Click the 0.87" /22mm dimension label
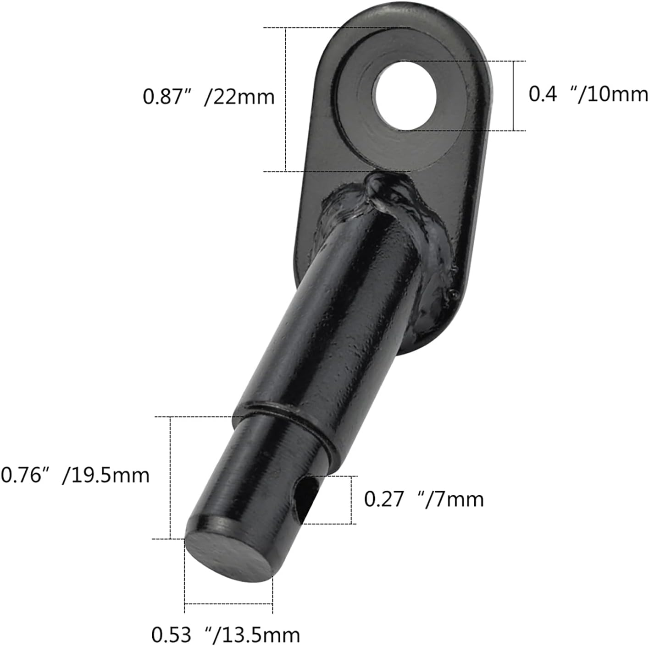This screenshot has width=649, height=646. click(209, 97)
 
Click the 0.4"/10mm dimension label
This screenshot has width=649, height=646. click(588, 94)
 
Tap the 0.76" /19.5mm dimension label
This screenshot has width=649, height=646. click(75, 475)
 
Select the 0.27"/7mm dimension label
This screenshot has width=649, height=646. click(424, 499)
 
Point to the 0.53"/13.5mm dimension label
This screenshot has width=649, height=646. click(226, 635)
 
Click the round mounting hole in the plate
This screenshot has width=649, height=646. click(405, 95)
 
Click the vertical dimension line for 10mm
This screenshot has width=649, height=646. click(513, 96)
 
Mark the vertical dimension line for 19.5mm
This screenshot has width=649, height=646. click(171, 477)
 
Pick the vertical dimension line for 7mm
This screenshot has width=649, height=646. click(352, 500)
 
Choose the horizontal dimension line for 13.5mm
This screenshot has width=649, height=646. click(228, 604)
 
